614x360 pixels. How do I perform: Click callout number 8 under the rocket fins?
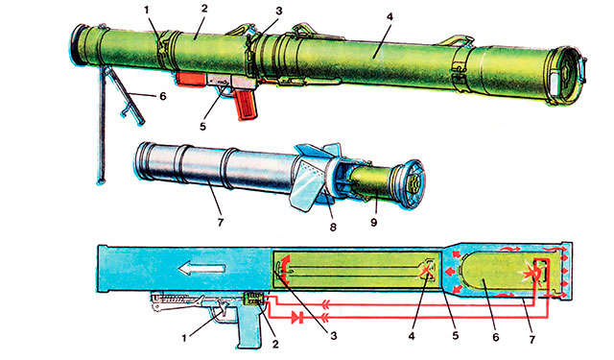click(333, 228)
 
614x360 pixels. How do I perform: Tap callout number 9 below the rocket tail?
click(373, 222)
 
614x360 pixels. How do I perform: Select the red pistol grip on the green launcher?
click(246, 104)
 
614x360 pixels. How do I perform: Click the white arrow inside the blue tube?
click(201, 269)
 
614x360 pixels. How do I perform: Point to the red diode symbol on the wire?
click(297, 317)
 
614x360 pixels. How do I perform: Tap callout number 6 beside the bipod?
click(162, 96)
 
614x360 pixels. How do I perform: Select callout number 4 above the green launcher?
click(389, 17)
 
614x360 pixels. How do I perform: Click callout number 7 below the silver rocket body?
click(220, 222)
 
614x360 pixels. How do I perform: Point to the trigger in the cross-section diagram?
click(224, 308)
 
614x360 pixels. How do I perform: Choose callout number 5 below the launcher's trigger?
click(202, 127)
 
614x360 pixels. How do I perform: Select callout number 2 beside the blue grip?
click(275, 344)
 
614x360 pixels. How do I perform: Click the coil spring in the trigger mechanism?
click(174, 299)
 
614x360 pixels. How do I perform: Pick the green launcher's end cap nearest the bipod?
click(83, 45)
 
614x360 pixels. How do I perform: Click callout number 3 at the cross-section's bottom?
click(333, 335)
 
